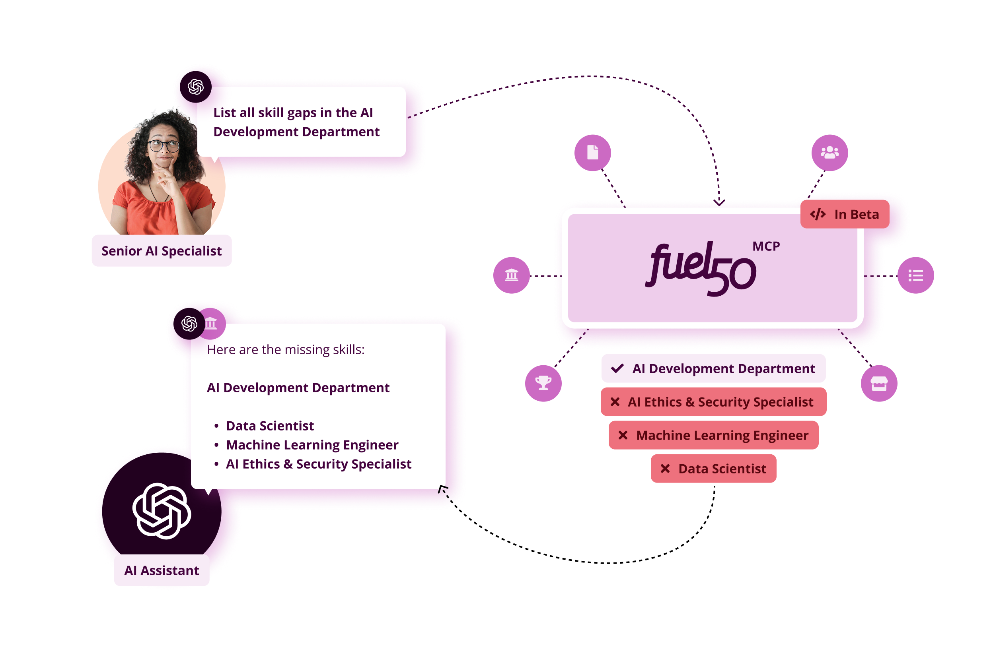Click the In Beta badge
click(x=845, y=214)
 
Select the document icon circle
click(x=592, y=153)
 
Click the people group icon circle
click(x=829, y=153)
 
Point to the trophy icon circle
click(x=543, y=383)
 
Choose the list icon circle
click(x=915, y=275)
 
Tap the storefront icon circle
click(x=879, y=383)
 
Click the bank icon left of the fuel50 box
click(x=512, y=275)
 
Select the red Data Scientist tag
click(x=713, y=469)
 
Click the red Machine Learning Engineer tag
click(x=713, y=435)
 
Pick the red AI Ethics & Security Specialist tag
click(x=713, y=402)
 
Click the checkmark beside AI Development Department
click(x=617, y=368)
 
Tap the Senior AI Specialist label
click(x=162, y=251)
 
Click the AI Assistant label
click(x=162, y=570)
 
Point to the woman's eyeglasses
click(x=164, y=145)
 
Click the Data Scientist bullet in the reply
click(x=270, y=425)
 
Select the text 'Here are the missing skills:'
click(x=286, y=350)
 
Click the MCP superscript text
click(x=766, y=246)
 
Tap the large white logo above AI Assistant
click(x=162, y=511)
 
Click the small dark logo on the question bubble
click(x=195, y=87)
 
